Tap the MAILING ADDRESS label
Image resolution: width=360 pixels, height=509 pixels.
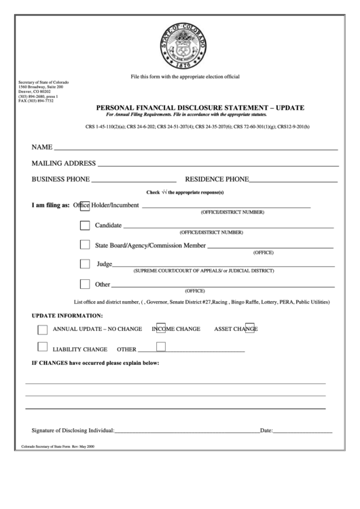click(x=63, y=164)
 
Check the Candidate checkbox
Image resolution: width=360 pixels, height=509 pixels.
click(x=85, y=226)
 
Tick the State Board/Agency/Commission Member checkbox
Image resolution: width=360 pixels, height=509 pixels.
click(x=85, y=245)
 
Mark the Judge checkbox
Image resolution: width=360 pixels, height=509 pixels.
click(x=85, y=264)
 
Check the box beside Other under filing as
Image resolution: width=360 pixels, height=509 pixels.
click(x=85, y=284)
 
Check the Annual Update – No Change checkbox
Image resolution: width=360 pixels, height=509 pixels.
click(x=43, y=330)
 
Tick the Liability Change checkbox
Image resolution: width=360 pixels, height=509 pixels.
click(x=43, y=347)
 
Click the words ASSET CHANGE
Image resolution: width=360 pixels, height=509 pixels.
click(x=236, y=329)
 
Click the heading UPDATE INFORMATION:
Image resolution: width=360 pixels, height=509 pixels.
click(x=67, y=316)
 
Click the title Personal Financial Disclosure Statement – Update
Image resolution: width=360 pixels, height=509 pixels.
click(x=200, y=108)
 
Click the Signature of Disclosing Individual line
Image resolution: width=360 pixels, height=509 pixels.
click(x=187, y=432)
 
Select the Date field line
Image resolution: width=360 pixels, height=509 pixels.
click(x=302, y=432)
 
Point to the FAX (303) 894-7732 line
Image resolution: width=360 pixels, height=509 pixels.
click(x=35, y=101)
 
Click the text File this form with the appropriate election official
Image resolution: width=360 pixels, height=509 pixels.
click(x=185, y=77)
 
